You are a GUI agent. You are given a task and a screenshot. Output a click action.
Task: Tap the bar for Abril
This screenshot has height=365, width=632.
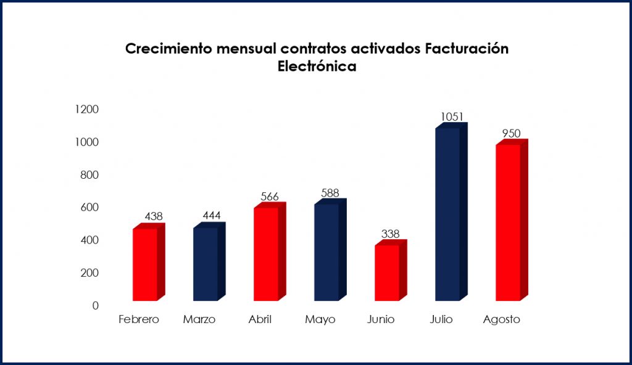coord(266,254)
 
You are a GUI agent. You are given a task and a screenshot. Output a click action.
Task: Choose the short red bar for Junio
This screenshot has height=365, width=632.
coord(387,273)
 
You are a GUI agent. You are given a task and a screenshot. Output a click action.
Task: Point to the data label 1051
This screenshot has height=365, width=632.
coord(452,117)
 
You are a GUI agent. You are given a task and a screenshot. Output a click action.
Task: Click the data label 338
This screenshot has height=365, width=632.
coord(390,234)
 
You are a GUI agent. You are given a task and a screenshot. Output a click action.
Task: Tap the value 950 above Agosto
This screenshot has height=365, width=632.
coord(512,133)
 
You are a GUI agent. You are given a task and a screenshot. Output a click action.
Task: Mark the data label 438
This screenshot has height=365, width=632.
coord(154,216)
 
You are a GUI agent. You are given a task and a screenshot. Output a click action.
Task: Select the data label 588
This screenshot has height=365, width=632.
coord(330,193)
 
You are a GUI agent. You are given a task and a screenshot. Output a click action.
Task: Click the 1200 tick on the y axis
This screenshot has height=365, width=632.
coord(86,110)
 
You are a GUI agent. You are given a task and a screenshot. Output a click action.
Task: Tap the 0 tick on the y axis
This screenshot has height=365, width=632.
coord(95,305)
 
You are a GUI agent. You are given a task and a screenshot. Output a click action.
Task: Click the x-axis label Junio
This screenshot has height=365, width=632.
coord(381,319)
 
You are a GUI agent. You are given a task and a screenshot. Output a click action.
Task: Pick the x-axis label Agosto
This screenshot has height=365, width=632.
coord(502,319)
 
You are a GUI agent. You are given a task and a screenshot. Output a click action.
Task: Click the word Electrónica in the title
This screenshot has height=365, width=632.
coord(317,67)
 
